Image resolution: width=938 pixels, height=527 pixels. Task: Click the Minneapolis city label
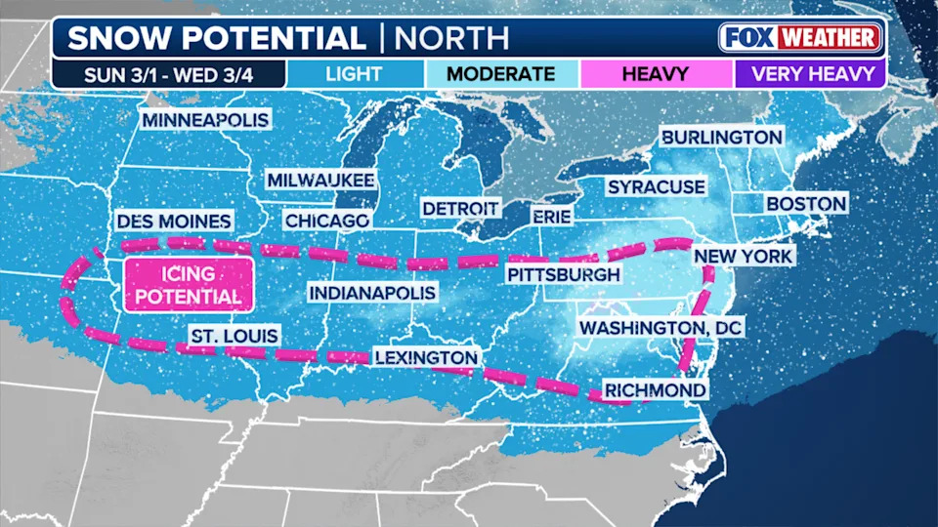205,120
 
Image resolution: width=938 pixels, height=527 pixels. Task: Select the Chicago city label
326,222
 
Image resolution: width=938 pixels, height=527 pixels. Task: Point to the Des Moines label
173,222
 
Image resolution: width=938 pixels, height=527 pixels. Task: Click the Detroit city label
460,209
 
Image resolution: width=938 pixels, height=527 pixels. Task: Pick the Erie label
550,215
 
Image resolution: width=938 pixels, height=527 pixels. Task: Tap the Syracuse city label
656,186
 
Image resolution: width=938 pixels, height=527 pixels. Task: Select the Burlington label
722,138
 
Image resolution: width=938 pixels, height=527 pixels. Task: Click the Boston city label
805,204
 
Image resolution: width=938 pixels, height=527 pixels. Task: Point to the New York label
743,256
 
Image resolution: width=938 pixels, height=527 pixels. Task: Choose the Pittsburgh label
563,275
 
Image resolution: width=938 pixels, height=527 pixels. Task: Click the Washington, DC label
661,328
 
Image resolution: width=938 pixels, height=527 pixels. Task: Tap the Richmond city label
655,390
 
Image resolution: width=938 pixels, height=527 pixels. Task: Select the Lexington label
426,358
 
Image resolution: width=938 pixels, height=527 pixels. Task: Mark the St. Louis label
234,337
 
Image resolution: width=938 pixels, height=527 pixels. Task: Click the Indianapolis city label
372,293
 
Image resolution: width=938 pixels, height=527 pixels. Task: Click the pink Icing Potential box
188,285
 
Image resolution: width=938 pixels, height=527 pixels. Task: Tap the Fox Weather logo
800,38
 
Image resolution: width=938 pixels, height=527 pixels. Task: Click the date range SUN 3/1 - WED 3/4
169,73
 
